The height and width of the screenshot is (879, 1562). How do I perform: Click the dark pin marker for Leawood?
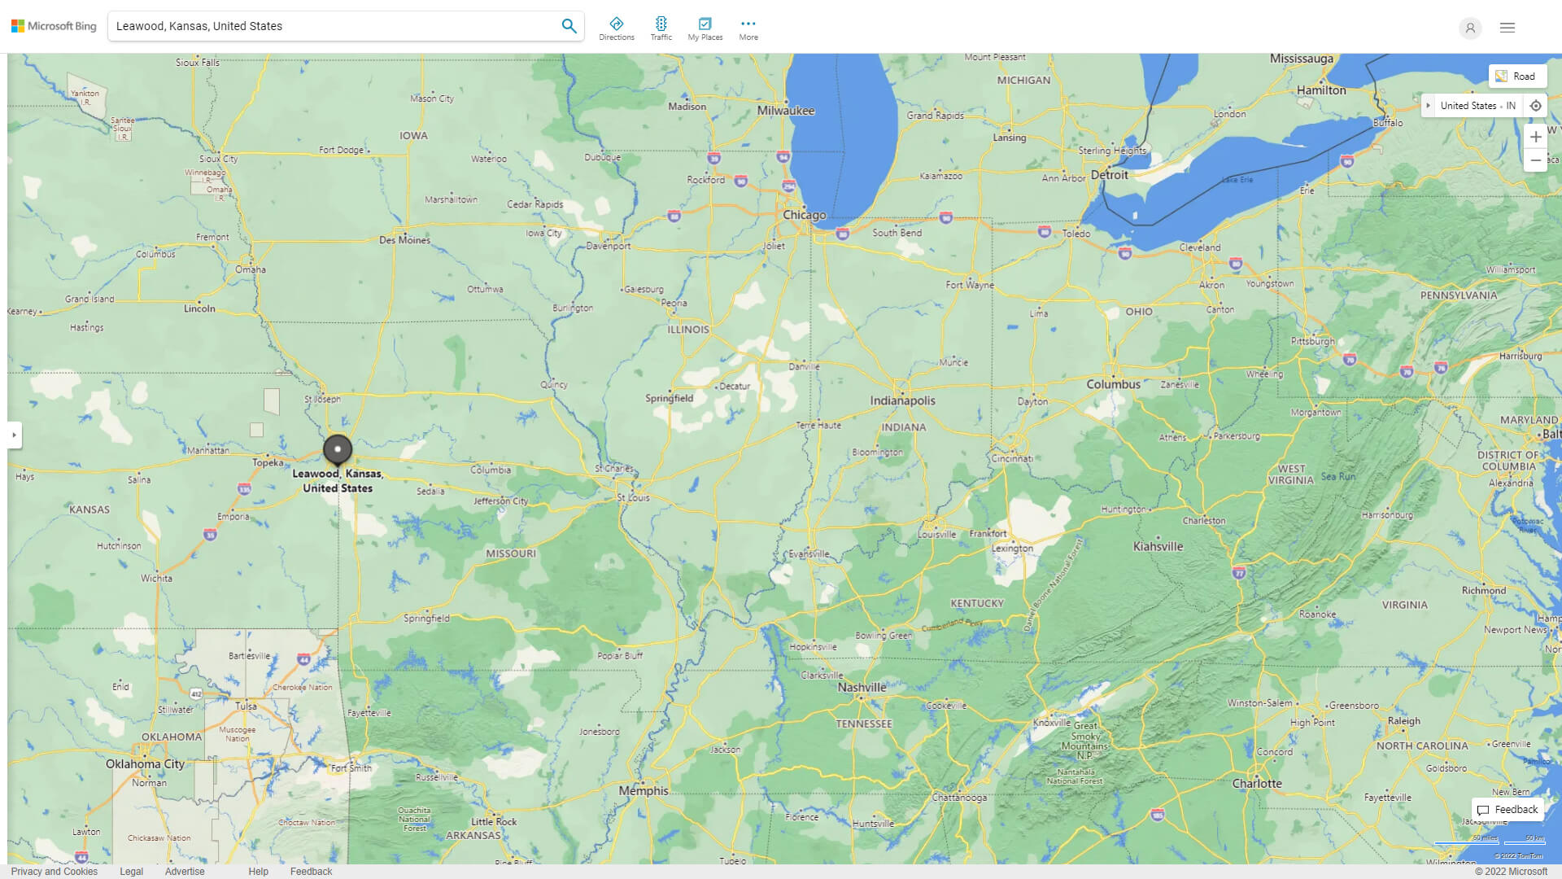click(338, 449)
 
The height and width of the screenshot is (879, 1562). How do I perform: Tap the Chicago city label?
click(804, 215)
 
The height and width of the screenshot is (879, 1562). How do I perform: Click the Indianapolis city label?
click(902, 400)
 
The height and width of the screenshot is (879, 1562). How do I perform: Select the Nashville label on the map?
click(862, 687)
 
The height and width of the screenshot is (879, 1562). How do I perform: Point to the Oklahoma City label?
click(145, 763)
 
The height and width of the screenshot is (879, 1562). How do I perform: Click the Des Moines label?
click(404, 240)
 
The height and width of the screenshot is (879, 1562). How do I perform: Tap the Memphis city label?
click(643, 790)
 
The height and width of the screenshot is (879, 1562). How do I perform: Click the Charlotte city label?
click(1256, 783)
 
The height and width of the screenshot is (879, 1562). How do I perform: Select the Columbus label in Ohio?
click(1113, 384)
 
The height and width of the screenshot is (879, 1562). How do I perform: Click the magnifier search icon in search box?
click(569, 26)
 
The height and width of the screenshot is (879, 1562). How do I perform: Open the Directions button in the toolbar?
click(616, 28)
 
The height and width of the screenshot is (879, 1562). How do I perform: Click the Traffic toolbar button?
click(661, 28)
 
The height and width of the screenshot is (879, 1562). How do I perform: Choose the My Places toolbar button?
click(705, 28)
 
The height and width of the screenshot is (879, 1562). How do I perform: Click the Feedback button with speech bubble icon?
click(1507, 809)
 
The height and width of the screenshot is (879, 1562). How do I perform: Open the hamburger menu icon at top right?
click(1507, 28)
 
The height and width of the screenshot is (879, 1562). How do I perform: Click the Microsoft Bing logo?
click(54, 26)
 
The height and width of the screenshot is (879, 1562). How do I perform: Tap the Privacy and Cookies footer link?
click(54, 871)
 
